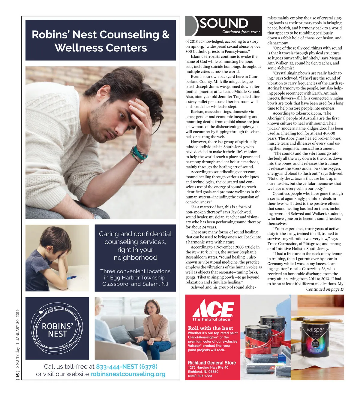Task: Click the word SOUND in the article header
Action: (x=224, y=23)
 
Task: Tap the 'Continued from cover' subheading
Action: (x=241, y=32)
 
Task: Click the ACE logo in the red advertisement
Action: (x=213, y=308)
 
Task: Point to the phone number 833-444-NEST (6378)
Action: (x=127, y=367)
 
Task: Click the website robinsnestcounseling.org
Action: (x=128, y=374)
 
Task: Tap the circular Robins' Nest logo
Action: (x=57, y=328)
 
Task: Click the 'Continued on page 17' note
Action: (x=325, y=289)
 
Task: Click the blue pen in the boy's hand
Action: (x=71, y=277)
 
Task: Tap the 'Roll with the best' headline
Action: (x=210, y=328)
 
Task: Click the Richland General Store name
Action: (x=212, y=363)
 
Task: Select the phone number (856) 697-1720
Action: (x=200, y=376)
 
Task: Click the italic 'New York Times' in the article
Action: (x=205, y=252)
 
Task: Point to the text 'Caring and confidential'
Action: (x=135, y=234)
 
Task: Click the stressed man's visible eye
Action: (x=122, y=115)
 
